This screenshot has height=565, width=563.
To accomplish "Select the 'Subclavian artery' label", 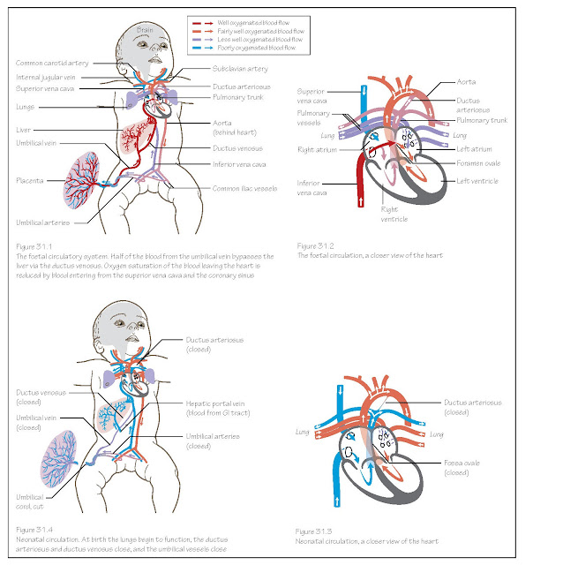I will (240, 68).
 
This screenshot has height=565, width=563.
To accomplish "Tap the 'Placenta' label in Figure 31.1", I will (31, 179).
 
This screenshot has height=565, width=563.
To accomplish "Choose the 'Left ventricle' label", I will (477, 181).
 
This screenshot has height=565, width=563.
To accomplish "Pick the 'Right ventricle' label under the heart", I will (389, 215).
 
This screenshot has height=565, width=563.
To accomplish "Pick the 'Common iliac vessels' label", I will (243, 188).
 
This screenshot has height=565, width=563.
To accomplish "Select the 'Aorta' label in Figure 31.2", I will (466, 81).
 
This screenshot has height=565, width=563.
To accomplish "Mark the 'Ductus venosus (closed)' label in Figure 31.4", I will (34, 396).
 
